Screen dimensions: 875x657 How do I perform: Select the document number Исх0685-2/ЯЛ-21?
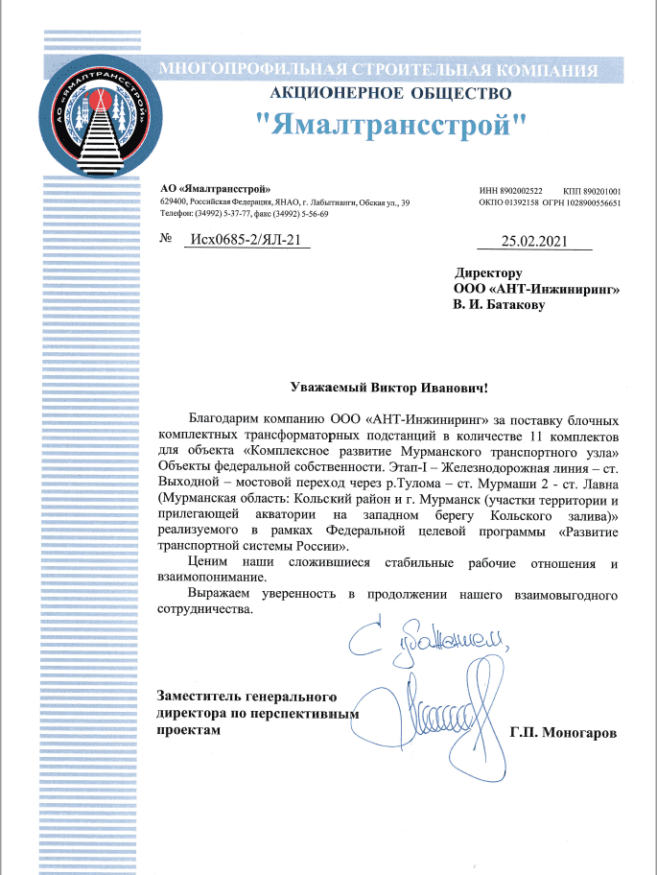coord(245,241)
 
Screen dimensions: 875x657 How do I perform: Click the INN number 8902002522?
coord(521,191)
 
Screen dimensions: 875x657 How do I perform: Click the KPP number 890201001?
coord(601,191)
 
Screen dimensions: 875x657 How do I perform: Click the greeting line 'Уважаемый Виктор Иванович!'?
coord(389,388)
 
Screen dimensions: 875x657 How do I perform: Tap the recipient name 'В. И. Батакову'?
coord(498,305)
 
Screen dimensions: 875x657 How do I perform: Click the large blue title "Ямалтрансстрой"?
coord(394,124)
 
